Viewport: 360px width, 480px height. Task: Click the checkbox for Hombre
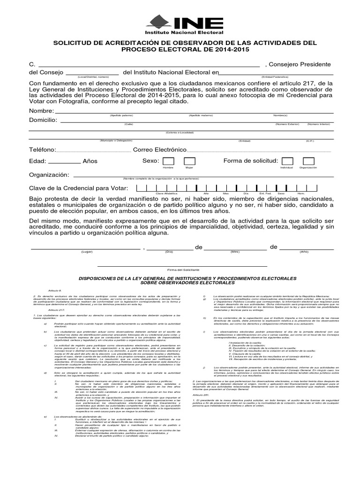click(x=168, y=161)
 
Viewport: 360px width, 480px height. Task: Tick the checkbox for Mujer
click(x=189, y=161)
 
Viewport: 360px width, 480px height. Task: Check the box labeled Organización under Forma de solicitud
click(x=308, y=161)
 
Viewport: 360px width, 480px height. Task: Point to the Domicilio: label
click(x=43, y=120)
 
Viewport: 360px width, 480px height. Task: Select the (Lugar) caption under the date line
click(x=87, y=252)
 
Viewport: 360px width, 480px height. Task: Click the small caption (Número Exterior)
click(x=287, y=124)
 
